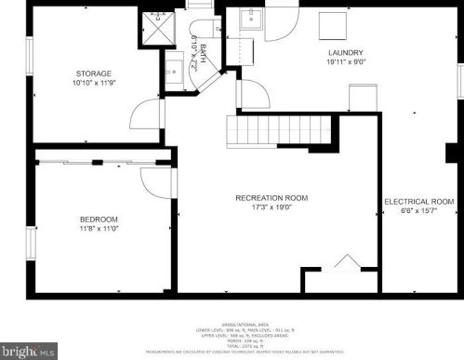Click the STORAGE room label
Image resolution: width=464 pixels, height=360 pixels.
click(x=94, y=73)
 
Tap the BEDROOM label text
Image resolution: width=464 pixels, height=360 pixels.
click(x=99, y=220)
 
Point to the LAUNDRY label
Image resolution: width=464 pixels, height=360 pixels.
click(x=345, y=53)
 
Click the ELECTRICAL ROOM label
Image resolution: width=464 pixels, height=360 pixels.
click(x=418, y=201)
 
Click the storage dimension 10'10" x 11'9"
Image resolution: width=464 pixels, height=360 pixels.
click(x=94, y=84)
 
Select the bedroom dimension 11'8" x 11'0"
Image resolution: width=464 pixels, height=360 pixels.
click(x=99, y=229)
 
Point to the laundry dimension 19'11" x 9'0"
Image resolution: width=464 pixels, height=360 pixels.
click(x=345, y=63)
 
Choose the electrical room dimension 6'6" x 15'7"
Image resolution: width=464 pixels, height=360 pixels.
click(x=418, y=211)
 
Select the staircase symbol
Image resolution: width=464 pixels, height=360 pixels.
click(x=279, y=127)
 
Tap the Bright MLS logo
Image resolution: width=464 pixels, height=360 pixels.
click(x=29, y=351)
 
